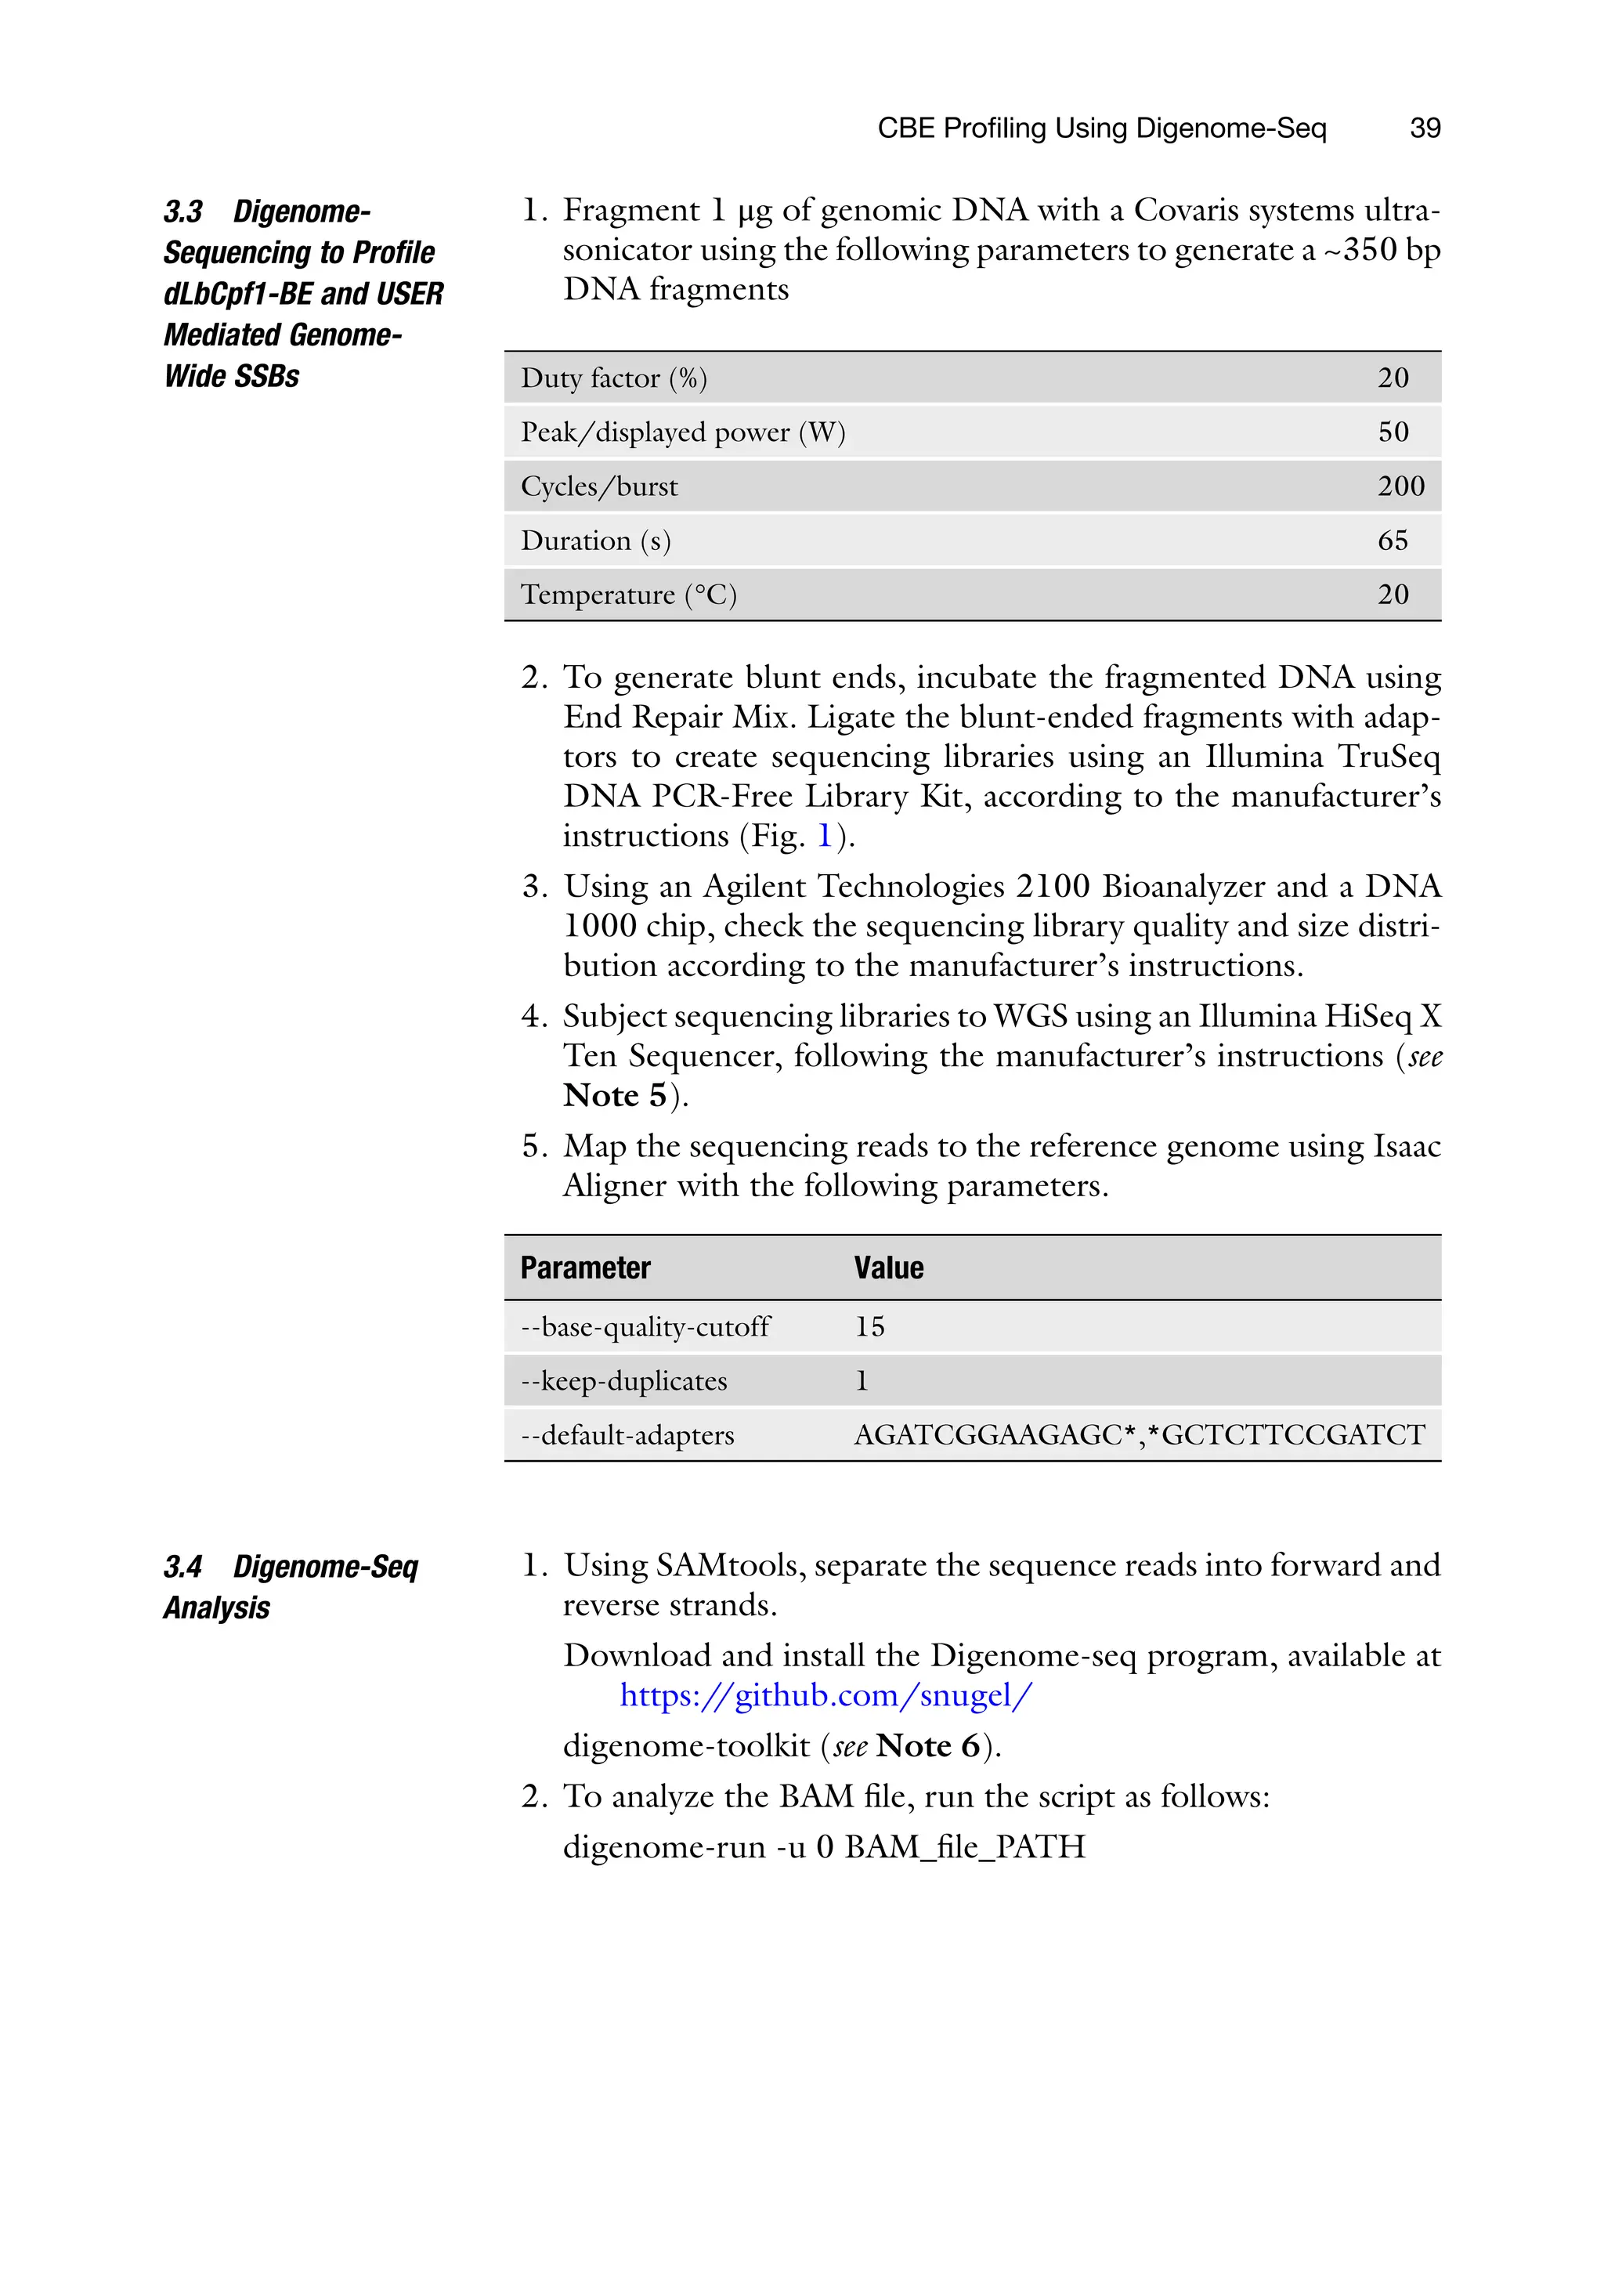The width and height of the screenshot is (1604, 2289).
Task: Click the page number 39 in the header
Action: (1425, 128)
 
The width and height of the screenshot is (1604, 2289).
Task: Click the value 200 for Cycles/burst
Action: (1400, 486)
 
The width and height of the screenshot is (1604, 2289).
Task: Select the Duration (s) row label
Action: (595, 541)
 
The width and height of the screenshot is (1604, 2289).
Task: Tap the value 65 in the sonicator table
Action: (1393, 541)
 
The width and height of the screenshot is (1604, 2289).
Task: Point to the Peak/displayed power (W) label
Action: (682, 432)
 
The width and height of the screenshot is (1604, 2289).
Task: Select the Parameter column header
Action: (585, 1268)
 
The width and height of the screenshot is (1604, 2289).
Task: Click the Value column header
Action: (888, 1268)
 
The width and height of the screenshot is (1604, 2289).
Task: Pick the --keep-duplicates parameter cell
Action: (624, 1381)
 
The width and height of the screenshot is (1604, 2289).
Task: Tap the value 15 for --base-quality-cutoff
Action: (869, 1327)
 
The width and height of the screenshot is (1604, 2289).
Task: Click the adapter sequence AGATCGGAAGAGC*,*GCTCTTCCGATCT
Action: (1140, 1434)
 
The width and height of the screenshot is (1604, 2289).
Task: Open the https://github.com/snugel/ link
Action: (825, 1695)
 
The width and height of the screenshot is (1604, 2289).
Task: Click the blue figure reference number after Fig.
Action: (825, 835)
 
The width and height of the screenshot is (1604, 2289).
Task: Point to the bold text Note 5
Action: (615, 1096)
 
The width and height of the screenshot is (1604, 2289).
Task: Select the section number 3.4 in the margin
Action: (183, 1568)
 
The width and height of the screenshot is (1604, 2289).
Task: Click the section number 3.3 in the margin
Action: (183, 212)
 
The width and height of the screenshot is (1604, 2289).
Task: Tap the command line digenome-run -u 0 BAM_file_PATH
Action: (823, 1846)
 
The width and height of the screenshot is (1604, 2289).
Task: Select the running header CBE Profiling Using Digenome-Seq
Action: (1101, 128)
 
